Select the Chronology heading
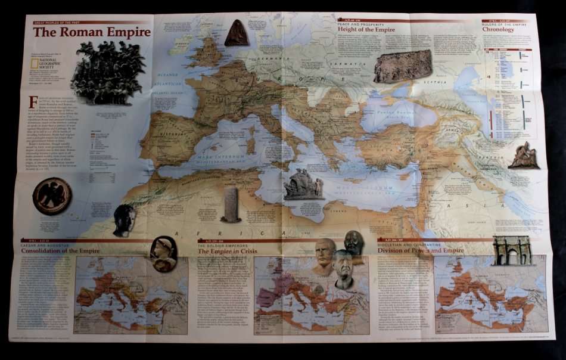coord(498,29)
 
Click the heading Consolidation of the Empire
coord(60,251)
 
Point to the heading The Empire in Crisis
coord(232,252)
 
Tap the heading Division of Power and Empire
coord(421,250)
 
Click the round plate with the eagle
coord(52,196)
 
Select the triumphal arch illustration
coord(512,250)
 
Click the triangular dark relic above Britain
coord(237,33)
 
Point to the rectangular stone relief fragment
coord(403,66)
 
